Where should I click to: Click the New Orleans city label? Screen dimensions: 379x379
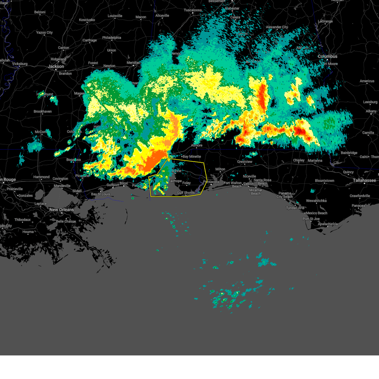click(61, 210)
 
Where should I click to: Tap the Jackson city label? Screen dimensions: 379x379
click(56, 66)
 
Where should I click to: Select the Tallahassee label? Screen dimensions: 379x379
click(364, 180)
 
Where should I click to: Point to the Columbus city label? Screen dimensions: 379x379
click(328, 56)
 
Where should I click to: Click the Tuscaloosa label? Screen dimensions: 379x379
click(193, 10)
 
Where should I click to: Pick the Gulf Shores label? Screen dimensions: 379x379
click(186, 193)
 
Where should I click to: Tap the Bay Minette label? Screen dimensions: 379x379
click(192, 156)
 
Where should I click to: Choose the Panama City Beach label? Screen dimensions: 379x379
click(285, 195)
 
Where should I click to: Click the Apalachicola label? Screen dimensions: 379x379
click(328, 224)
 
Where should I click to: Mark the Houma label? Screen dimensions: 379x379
click(28, 232)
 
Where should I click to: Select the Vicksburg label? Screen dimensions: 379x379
click(20, 64)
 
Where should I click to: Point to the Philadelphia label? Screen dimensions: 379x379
click(111, 38)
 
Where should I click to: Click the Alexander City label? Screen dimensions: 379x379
click(277, 27)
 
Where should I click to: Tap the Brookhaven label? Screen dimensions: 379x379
click(43, 111)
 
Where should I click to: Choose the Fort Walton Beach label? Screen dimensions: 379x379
click(232, 184)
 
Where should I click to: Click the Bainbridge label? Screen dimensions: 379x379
click(349, 153)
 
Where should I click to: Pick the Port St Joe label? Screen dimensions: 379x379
click(311, 219)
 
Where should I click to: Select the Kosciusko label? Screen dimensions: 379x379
click(87, 20)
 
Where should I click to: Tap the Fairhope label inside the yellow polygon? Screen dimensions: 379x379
click(175, 181)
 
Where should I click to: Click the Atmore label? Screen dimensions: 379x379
click(196, 145)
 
